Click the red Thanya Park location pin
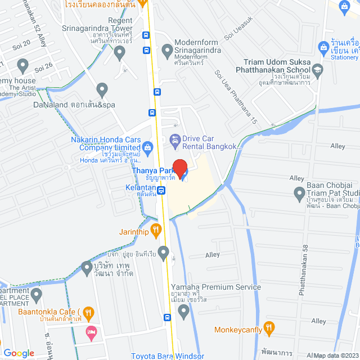click(x=179, y=167)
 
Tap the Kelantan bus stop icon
click(x=161, y=190)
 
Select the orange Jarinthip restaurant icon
click(x=156, y=229)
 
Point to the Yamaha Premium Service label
click(x=216, y=287)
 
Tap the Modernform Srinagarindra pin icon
click(x=166, y=51)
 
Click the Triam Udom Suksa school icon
click(x=318, y=69)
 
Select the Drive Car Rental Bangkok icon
click(x=174, y=139)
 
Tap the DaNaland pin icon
click(x=102, y=89)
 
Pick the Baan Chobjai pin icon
click(x=299, y=195)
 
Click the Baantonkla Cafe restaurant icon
click(x=88, y=312)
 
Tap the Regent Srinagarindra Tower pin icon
click(x=119, y=53)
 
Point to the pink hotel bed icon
click(x=91, y=332)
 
